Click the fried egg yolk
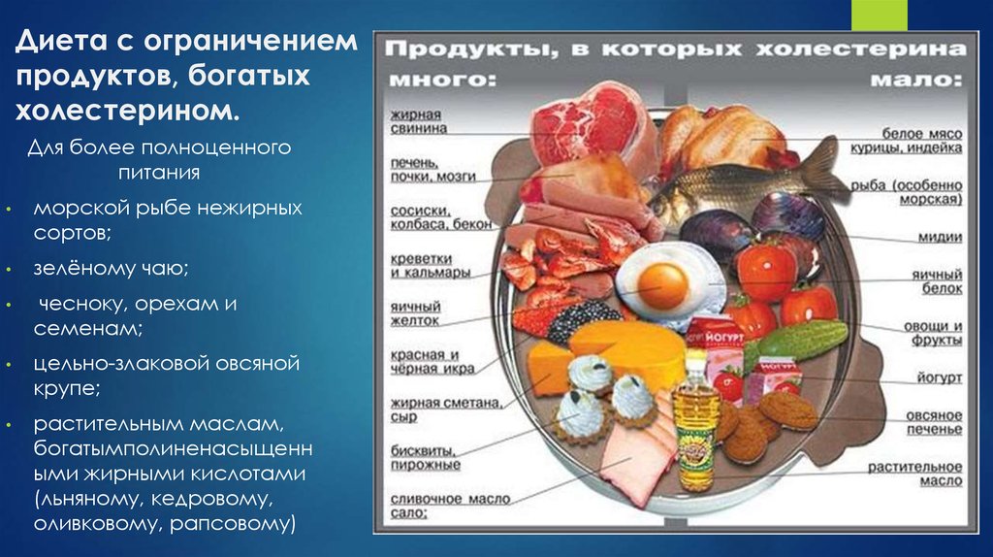663,284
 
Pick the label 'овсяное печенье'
934,422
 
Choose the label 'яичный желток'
415,312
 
